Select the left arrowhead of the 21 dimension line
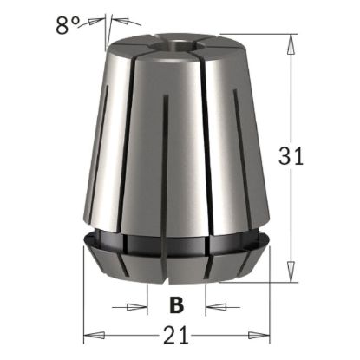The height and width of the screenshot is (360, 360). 88,334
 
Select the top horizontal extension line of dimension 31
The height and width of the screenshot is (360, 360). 252,34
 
